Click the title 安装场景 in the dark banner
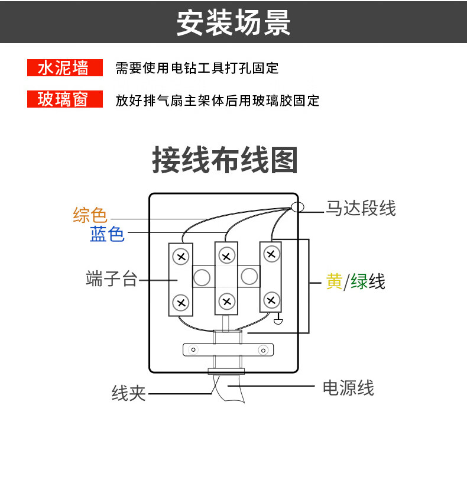point(234,22)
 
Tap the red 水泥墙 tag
point(64,68)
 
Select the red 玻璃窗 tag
point(64,99)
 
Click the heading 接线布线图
point(225,160)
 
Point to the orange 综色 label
point(90,215)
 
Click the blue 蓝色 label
point(107,234)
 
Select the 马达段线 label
point(361,208)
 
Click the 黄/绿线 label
point(355,282)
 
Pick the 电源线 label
point(348,388)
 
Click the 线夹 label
point(129,393)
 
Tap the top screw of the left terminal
point(181,257)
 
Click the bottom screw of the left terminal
point(181,303)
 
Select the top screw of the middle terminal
point(226,256)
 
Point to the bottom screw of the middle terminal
point(226,302)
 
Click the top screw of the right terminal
point(271,254)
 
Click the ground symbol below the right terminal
point(278,321)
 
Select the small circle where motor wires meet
point(297,208)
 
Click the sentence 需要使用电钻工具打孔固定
point(197,68)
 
